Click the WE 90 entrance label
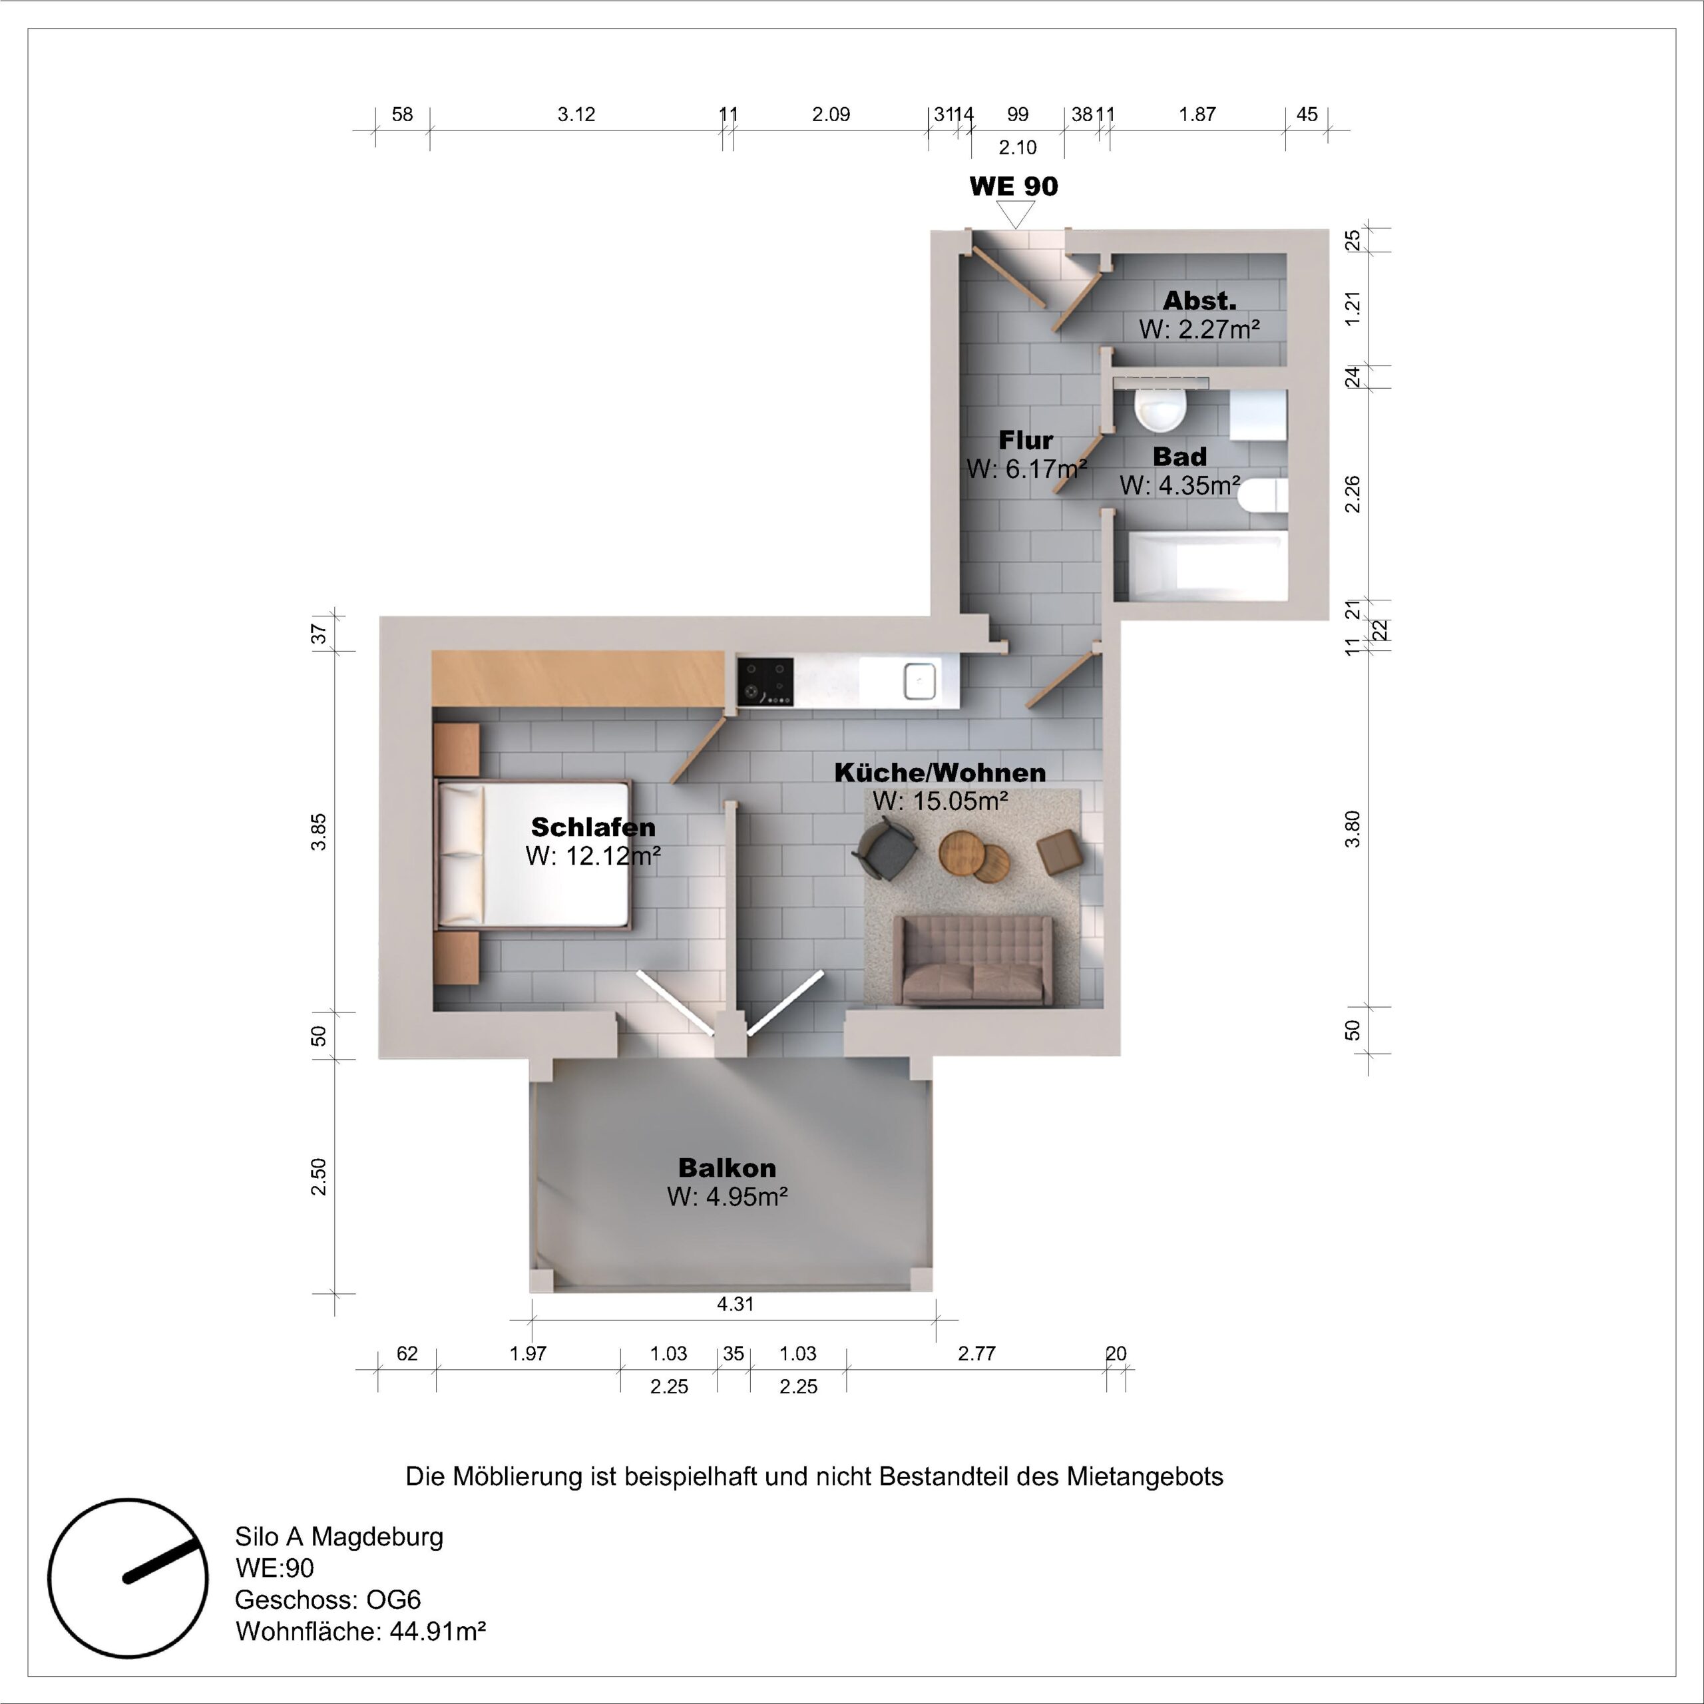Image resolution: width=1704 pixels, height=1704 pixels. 1013,187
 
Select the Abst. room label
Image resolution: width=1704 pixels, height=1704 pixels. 1199,301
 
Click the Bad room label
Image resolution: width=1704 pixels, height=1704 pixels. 1179,457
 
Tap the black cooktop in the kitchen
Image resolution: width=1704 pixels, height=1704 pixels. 765,682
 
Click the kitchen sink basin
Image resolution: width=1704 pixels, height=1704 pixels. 918,681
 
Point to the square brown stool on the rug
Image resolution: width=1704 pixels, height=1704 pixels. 1059,852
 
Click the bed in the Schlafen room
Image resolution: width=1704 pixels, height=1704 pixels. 534,854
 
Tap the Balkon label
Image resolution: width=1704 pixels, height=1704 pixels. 727,1168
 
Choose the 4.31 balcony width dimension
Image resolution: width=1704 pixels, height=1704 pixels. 735,1303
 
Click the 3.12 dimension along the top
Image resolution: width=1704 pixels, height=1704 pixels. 576,114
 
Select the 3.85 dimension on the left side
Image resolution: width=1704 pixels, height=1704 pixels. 319,832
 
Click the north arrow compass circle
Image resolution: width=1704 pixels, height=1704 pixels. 128,1577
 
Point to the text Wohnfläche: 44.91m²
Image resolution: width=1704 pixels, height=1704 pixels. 360,1631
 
